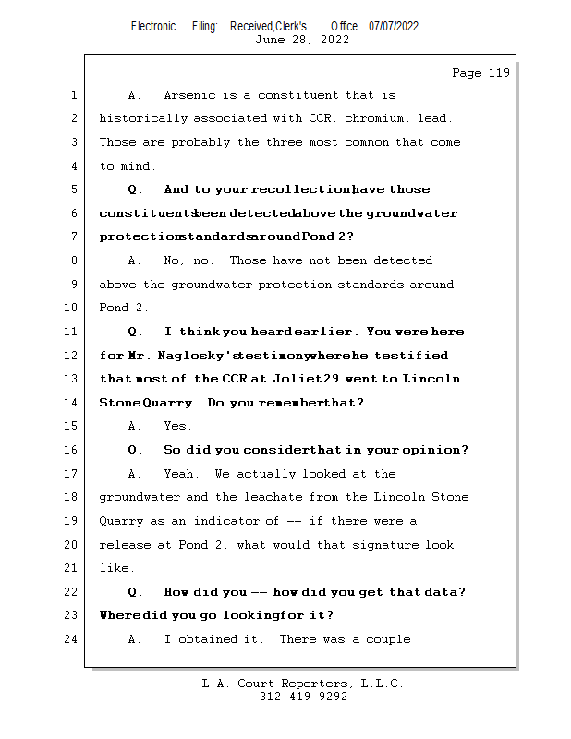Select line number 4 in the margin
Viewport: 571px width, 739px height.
coord(74,166)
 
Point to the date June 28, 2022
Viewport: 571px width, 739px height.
coord(301,40)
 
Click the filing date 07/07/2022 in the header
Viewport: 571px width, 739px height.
coord(394,26)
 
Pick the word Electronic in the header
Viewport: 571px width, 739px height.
coord(153,26)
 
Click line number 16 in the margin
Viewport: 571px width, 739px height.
coord(73,450)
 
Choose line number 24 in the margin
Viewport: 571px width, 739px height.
coord(73,639)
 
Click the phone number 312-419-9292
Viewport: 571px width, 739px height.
coord(303,697)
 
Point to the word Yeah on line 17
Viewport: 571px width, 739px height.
coord(180,474)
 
